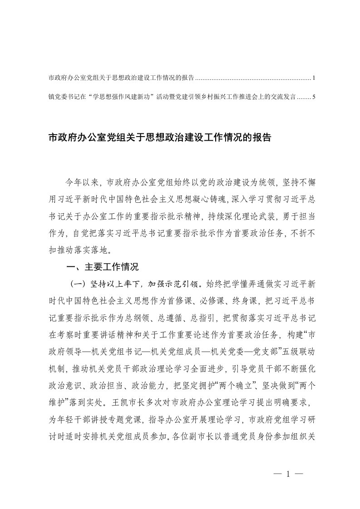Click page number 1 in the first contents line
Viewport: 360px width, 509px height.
pos(314,78)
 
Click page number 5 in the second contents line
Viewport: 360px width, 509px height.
pos(314,97)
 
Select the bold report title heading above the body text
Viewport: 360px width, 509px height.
pos(159,138)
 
